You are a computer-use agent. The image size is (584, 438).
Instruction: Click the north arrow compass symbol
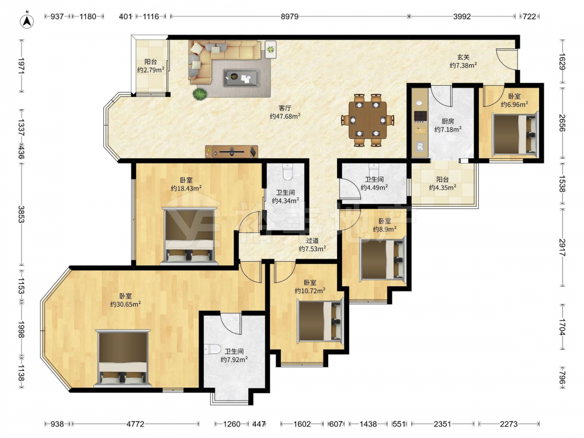(x=27, y=21)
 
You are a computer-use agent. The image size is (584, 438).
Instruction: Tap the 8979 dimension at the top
(x=290, y=16)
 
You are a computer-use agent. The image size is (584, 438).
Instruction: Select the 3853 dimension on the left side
(x=21, y=214)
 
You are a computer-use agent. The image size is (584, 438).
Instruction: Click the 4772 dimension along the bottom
(x=135, y=424)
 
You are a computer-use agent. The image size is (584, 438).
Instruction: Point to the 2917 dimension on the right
(x=562, y=247)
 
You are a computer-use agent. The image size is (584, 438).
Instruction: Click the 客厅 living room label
(x=285, y=108)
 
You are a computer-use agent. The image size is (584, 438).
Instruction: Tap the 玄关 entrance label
(x=463, y=57)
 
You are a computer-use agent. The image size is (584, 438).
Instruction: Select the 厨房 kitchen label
(x=448, y=121)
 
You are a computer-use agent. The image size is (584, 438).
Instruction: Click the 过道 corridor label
(x=312, y=241)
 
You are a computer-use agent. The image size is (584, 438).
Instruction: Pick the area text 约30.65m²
(x=126, y=304)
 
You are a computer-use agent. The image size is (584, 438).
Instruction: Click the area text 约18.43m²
(x=186, y=189)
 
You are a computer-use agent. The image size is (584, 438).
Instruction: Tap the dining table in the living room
(x=367, y=120)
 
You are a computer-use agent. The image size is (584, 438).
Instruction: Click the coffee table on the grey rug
(x=241, y=78)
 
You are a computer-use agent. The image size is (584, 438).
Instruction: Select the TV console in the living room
(x=231, y=151)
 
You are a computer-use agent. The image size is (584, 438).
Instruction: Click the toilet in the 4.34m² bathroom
(x=288, y=172)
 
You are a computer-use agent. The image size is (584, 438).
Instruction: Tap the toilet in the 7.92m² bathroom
(x=213, y=349)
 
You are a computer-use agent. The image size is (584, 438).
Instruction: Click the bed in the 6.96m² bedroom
(x=515, y=134)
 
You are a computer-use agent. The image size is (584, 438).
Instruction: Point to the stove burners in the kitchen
(x=420, y=116)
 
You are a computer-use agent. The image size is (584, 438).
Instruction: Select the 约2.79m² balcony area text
(x=151, y=70)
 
